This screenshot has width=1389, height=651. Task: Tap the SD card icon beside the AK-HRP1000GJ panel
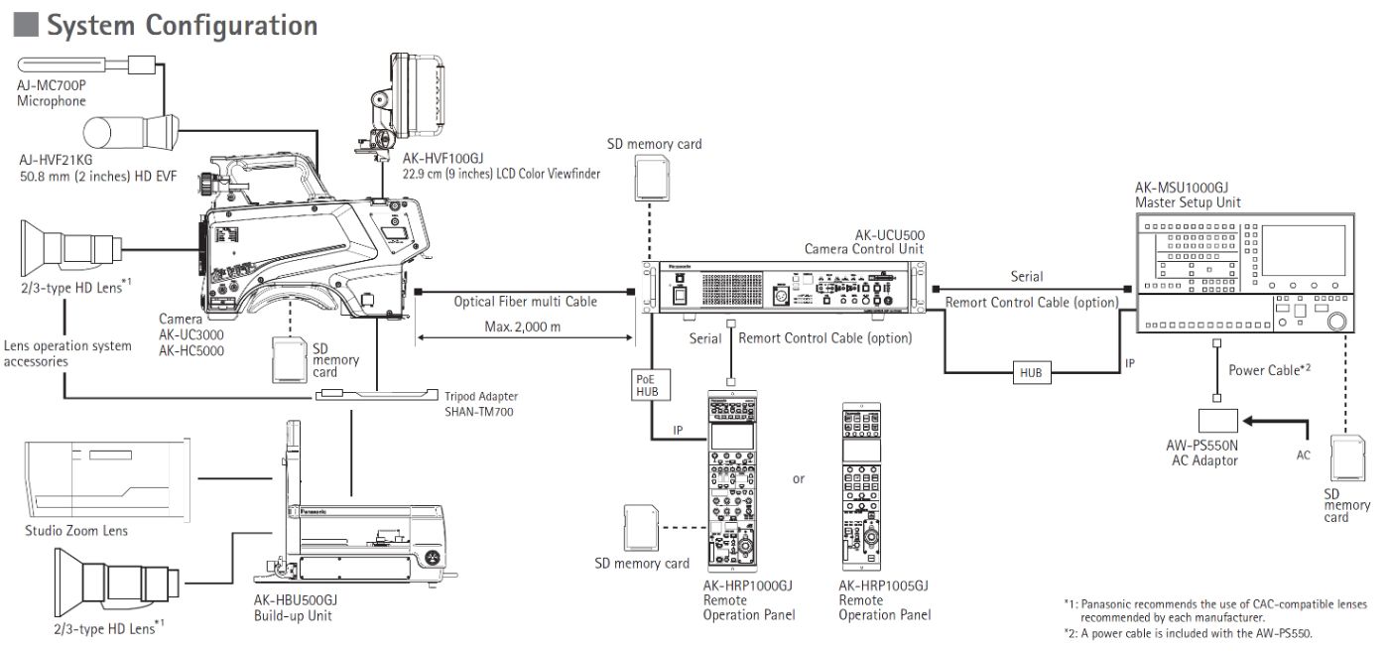point(640,526)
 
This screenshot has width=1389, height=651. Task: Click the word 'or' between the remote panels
point(799,479)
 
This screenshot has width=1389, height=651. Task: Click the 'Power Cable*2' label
point(1270,369)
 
